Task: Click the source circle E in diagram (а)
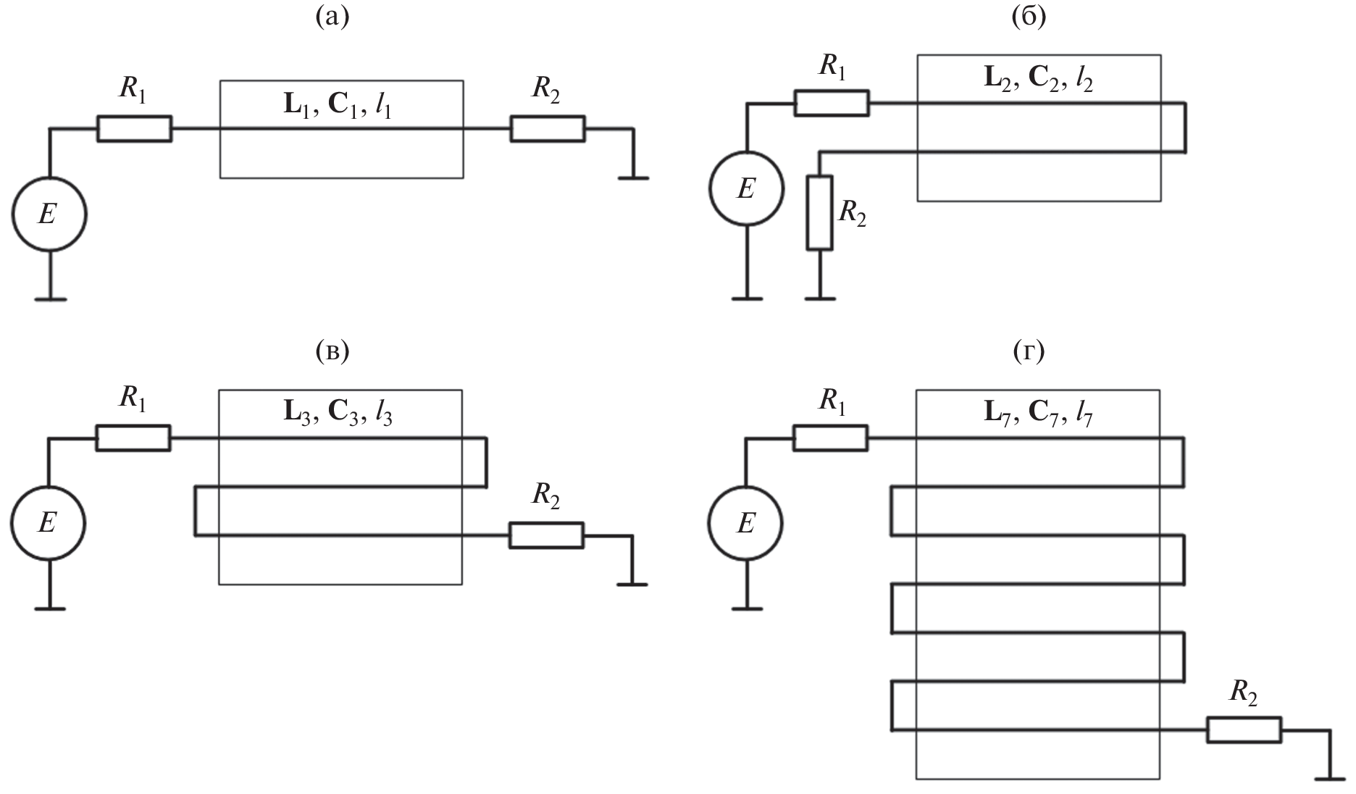[49, 215]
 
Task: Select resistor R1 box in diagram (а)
[135, 129]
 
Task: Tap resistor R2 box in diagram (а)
[548, 129]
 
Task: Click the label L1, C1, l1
[341, 106]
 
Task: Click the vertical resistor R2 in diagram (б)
[819, 213]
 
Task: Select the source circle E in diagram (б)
[746, 189]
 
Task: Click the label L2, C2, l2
[1038, 79]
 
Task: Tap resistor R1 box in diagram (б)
[832, 103]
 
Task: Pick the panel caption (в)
[332, 352]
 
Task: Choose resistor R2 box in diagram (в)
[546, 535]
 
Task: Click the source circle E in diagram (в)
[48, 523]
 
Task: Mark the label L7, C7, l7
[1037, 413]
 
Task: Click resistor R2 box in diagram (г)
[1244, 730]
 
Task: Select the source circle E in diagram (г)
[746, 523]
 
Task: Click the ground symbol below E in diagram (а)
[50, 298]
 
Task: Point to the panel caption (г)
[1029, 352]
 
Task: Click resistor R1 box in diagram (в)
[133, 438]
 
